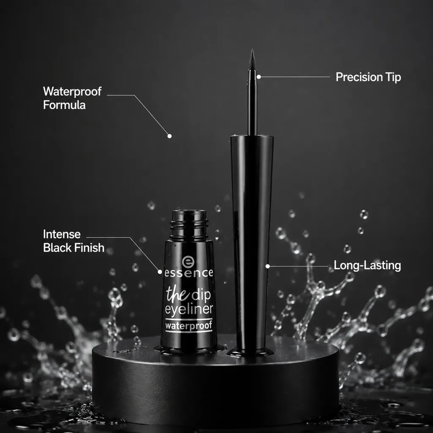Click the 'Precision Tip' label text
(368, 77)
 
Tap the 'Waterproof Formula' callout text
(72, 98)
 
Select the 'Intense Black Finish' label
(74, 241)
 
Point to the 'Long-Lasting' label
(367, 266)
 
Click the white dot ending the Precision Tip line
(259, 77)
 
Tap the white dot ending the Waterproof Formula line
(170, 136)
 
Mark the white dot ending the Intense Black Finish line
(159, 272)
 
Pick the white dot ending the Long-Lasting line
(268, 266)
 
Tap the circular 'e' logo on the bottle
(188, 261)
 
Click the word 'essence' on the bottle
(189, 273)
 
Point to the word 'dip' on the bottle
(201, 296)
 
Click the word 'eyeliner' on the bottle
(189, 310)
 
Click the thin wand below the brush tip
(252, 103)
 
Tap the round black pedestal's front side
(215, 392)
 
